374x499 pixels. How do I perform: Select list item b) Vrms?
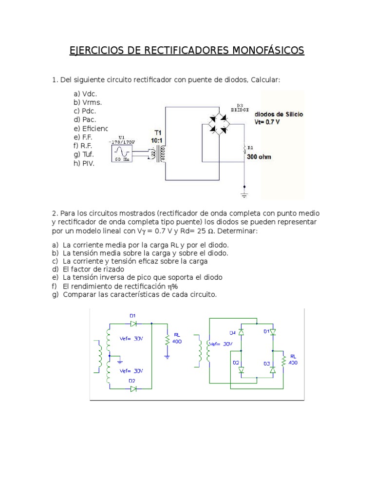coord(88,102)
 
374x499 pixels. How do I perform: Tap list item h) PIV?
coord(84,163)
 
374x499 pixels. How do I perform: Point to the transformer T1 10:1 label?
coord(157,136)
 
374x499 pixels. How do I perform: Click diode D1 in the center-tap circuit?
coord(132,323)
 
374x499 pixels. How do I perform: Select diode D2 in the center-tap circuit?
coord(132,388)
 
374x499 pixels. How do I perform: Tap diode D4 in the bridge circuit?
coord(240,332)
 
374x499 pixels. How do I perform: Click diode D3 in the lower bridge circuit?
coord(273,370)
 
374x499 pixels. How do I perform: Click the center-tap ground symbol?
coord(119,362)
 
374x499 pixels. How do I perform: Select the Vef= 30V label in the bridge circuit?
coord(221,344)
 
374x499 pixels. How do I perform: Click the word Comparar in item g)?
coord(76,294)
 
